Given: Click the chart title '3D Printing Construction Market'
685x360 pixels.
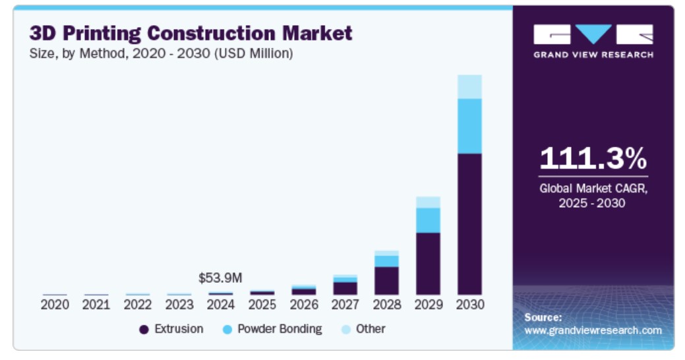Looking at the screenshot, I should [191, 32].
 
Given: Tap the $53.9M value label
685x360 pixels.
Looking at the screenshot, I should [220, 278].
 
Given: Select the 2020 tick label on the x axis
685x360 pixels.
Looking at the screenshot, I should [55, 305].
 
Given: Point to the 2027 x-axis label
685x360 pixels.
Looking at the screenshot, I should [345, 305].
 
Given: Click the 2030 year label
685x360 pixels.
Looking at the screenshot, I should [469, 305].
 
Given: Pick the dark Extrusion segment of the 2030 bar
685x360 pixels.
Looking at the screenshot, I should [469, 224].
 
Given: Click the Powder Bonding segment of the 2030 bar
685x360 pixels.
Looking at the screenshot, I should [469, 126].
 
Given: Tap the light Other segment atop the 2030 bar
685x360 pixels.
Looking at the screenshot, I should [469, 86].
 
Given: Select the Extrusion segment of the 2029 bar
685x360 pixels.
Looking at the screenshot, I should [428, 263].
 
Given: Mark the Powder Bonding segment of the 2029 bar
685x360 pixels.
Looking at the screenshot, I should [428, 220].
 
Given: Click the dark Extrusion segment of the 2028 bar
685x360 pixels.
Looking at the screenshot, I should [386, 280].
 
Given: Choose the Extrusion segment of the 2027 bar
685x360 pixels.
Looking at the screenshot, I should [345, 288].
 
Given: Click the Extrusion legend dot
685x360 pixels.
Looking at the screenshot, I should [144, 329].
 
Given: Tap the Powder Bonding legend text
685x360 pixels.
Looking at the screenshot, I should [280, 328].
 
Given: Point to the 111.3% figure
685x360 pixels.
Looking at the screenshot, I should [593, 158].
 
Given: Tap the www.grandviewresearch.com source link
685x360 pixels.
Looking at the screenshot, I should [593, 330].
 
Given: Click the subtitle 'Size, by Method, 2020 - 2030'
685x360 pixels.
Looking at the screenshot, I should [161, 53].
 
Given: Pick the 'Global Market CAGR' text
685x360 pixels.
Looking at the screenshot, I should [593, 189].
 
